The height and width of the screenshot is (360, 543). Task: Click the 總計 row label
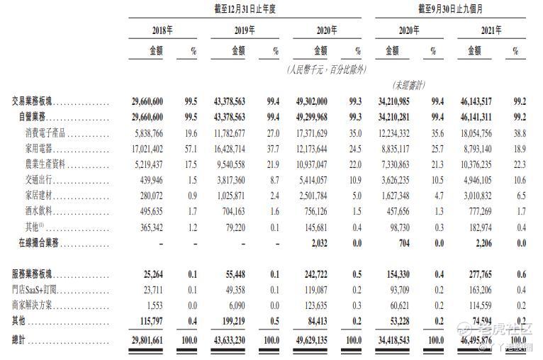22,339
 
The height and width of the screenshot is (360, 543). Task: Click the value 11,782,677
226,133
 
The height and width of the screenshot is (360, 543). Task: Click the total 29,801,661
144,339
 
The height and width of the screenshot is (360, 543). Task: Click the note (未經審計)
405,85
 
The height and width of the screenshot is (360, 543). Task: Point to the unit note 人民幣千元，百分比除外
326,69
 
